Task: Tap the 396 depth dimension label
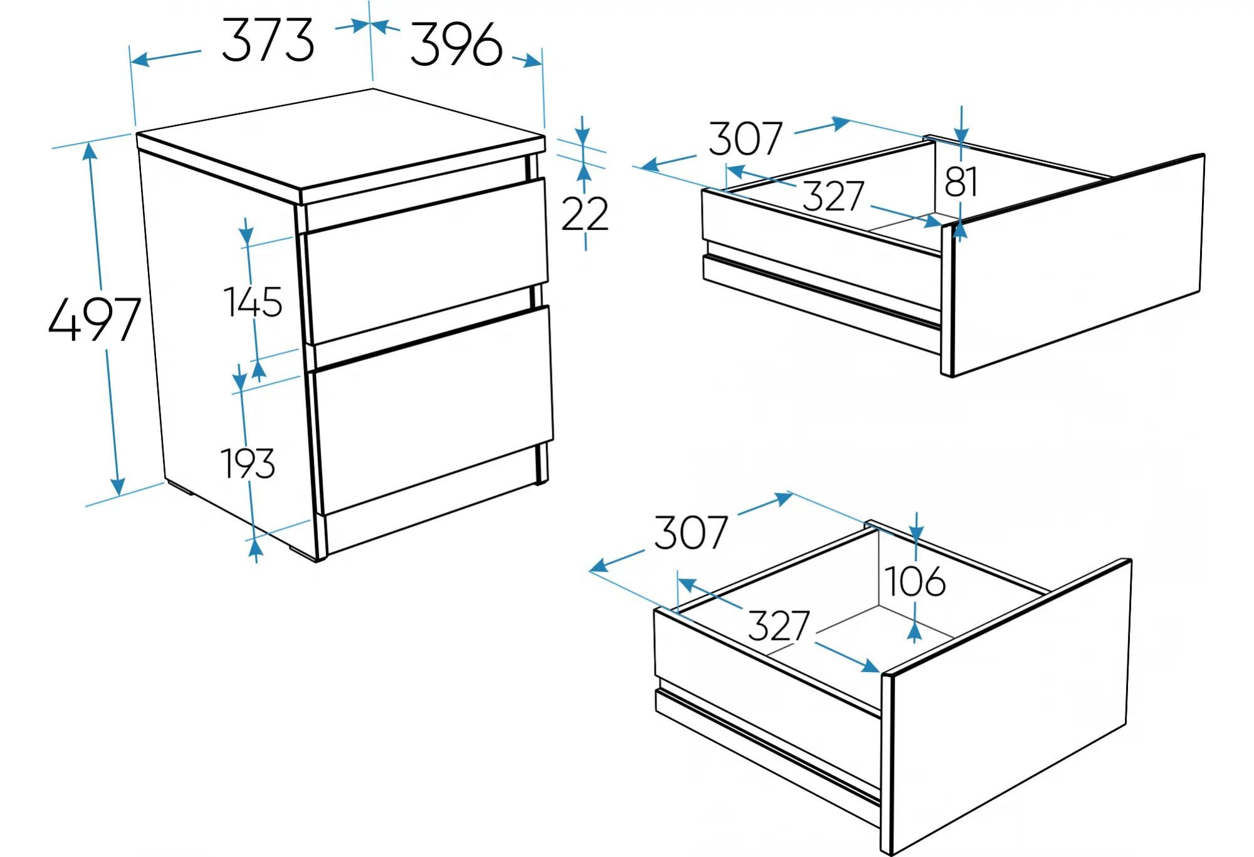click(x=456, y=44)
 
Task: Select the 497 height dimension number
click(x=95, y=319)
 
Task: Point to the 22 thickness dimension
click(x=585, y=214)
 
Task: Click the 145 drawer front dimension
click(x=253, y=302)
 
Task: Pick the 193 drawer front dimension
click(x=248, y=463)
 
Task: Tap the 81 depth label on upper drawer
click(x=961, y=182)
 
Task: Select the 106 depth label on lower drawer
click(x=915, y=581)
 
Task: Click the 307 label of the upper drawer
click(x=746, y=139)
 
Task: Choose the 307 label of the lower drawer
click(x=691, y=533)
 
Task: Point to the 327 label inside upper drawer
click(x=833, y=196)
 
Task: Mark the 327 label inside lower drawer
click(x=779, y=625)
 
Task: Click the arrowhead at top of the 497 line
click(x=90, y=151)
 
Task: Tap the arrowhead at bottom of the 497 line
click(x=117, y=486)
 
